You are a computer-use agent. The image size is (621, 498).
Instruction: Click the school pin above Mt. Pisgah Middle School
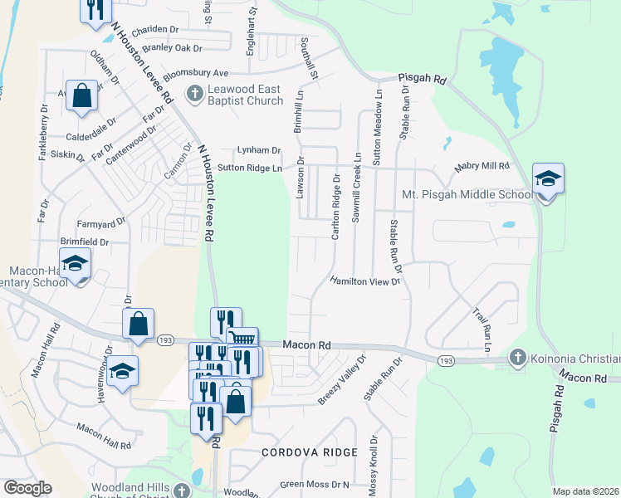point(548,180)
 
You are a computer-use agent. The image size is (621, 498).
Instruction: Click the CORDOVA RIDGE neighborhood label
point(310,452)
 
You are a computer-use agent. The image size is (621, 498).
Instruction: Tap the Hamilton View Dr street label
point(365,282)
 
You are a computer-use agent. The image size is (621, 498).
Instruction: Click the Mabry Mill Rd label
point(482,167)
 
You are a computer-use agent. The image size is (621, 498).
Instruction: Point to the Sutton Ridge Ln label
point(250,168)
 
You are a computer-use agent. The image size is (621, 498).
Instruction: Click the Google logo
point(27,488)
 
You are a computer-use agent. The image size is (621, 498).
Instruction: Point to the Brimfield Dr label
point(84,242)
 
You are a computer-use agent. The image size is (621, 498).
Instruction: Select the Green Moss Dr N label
point(315,484)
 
